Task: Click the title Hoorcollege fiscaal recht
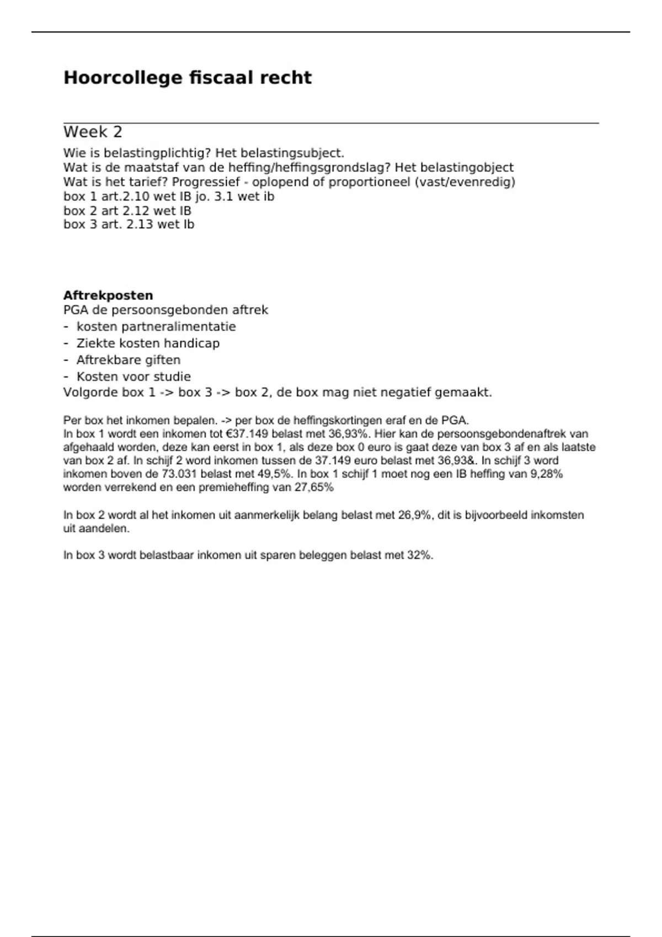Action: coord(188,78)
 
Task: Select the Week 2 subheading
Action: coord(93,132)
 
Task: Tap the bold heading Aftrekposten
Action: coord(108,295)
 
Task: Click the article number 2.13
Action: coord(139,225)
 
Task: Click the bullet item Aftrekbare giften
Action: coord(129,360)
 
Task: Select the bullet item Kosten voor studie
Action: coord(134,377)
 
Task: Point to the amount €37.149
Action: coord(247,434)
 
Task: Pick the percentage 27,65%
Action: coord(314,487)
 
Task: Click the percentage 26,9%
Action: coord(414,515)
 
